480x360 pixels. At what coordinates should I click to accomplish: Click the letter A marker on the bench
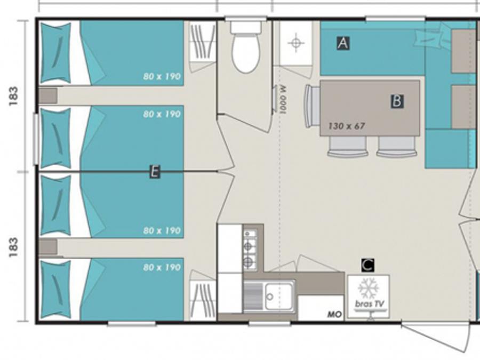click(343, 43)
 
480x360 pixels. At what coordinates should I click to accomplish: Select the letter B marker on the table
click(397, 101)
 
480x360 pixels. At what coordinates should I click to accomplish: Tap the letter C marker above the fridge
click(367, 265)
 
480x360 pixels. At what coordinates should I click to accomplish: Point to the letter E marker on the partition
click(155, 172)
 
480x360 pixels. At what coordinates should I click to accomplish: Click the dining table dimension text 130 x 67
click(347, 126)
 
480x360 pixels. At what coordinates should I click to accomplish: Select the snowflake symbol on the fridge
click(368, 289)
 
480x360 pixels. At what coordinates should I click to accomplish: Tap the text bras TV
click(369, 304)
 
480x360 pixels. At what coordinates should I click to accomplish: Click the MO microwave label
click(334, 314)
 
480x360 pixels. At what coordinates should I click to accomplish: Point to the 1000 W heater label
click(283, 99)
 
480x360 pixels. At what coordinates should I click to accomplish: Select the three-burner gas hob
click(250, 250)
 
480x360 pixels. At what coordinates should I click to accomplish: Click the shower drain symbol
click(295, 43)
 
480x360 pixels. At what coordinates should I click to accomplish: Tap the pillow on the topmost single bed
click(55, 52)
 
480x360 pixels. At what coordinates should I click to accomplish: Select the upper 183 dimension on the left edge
click(13, 96)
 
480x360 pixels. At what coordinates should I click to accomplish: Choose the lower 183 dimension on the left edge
click(13, 247)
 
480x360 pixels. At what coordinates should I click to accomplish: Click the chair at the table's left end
click(312, 106)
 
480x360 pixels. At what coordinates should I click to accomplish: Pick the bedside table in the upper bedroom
click(48, 95)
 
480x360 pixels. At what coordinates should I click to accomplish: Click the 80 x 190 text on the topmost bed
click(162, 76)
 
